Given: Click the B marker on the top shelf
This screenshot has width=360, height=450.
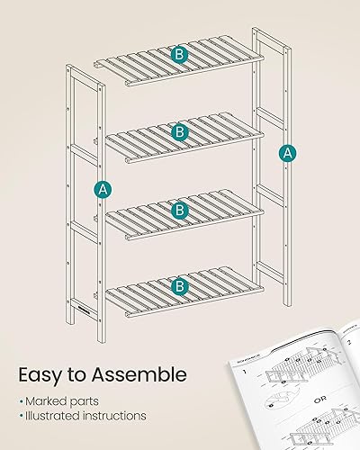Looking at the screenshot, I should tap(180, 55).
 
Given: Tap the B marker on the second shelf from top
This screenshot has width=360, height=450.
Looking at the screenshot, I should tap(180, 132).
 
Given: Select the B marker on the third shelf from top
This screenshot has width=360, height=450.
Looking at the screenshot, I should tap(180, 211).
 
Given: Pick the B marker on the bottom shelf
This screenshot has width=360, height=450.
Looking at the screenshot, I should tap(180, 286).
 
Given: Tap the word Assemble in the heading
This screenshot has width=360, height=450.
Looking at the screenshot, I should tap(141, 373).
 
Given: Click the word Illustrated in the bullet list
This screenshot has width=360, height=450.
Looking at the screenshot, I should tap(56, 416).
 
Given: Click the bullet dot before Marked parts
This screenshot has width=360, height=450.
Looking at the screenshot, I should tap(22, 400).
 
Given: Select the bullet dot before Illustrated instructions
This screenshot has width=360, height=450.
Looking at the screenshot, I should tap(22, 416).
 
